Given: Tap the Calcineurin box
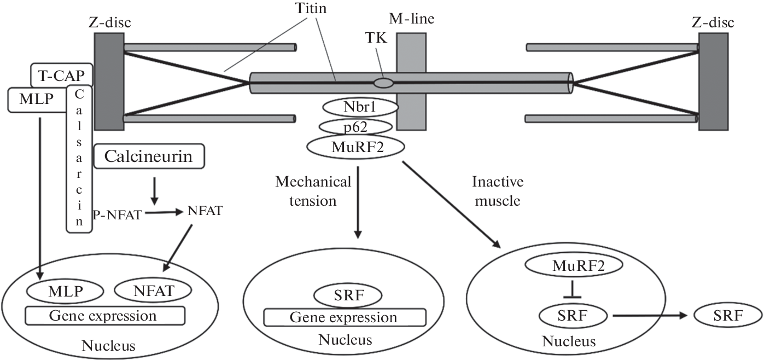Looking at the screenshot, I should click(x=149, y=156).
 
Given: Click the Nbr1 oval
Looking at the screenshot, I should click(x=359, y=107).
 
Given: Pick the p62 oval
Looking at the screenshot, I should click(x=355, y=126).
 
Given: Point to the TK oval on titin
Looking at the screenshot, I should click(x=383, y=83).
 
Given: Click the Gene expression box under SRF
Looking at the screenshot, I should click(x=345, y=317).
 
